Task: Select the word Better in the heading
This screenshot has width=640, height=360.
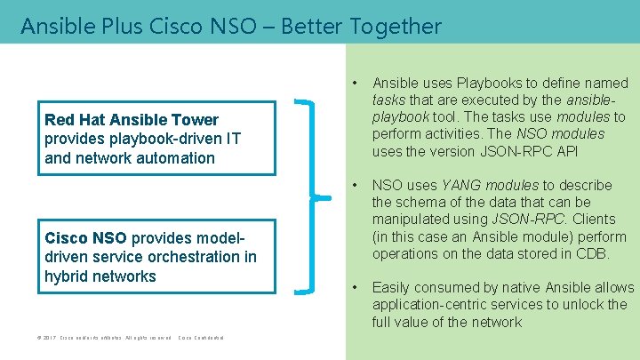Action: [x=312, y=27]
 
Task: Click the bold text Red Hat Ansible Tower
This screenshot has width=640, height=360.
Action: [x=131, y=120]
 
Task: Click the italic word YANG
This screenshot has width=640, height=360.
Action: [x=462, y=185]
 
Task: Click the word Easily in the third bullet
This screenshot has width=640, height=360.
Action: [x=393, y=287]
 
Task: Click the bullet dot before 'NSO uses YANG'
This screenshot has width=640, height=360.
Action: [x=356, y=185]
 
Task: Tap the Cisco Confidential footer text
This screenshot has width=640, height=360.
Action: [x=202, y=339]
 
